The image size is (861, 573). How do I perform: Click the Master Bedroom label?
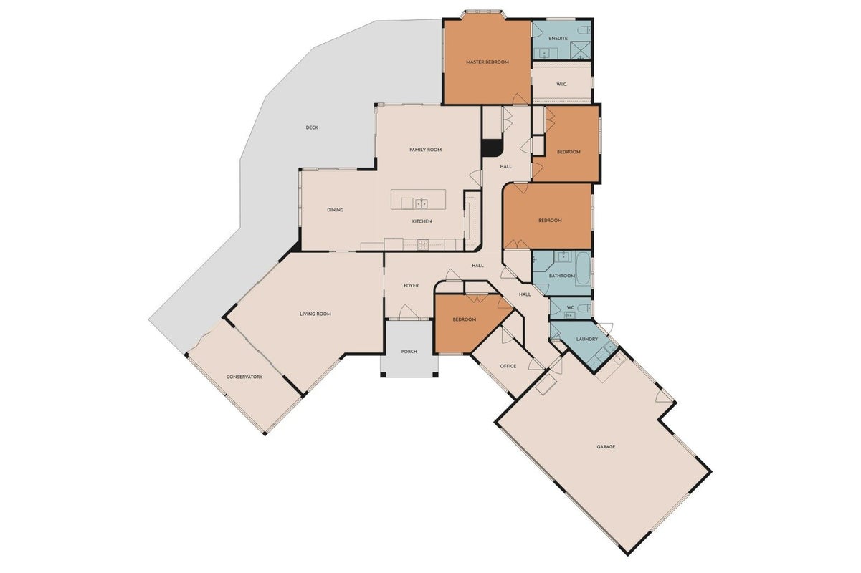pos(487,62)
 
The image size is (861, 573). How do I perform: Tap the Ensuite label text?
pos(558,39)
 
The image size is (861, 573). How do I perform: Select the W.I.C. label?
pos(561,84)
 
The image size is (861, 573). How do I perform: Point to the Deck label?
pos(312,127)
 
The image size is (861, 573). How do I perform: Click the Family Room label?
pos(425,150)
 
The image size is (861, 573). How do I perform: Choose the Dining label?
pos(336,210)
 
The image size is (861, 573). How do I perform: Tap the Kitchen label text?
pos(422,221)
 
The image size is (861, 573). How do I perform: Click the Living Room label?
pos(315,314)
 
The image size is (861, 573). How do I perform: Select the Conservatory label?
pos(244,377)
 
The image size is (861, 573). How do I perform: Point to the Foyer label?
pos(411,286)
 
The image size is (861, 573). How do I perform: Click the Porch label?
pos(409,352)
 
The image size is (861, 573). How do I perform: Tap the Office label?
pos(508,367)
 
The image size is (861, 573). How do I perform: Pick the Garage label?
pos(606,447)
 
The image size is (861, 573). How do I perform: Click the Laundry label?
pos(587,340)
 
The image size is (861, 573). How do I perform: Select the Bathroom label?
pos(561,276)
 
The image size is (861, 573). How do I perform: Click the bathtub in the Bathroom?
pos(583,269)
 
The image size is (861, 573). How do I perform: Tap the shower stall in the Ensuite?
pos(581,50)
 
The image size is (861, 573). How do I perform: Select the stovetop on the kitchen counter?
pos(423,245)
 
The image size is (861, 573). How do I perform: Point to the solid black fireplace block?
pos(492,148)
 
